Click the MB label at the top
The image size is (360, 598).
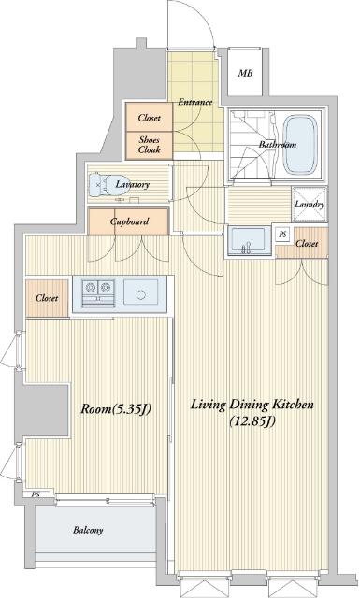(x=245, y=73)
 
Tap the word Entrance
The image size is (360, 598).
(x=195, y=102)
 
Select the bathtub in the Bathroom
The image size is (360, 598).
(x=301, y=145)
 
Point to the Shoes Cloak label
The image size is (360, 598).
(x=150, y=145)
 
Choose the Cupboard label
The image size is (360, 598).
(x=129, y=221)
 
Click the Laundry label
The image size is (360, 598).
(x=310, y=205)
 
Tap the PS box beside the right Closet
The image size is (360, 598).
(x=282, y=235)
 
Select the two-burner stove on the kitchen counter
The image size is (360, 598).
(x=99, y=292)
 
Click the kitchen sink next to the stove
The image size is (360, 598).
(x=141, y=292)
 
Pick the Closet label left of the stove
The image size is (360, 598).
(x=47, y=298)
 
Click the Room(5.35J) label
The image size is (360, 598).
(x=116, y=409)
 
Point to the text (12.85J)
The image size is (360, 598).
(x=252, y=421)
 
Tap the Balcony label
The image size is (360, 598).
(x=88, y=530)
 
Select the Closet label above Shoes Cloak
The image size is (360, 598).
(x=150, y=118)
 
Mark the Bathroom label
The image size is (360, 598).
(x=278, y=145)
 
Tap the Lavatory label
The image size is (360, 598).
(x=133, y=185)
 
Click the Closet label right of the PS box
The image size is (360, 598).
(x=307, y=243)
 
